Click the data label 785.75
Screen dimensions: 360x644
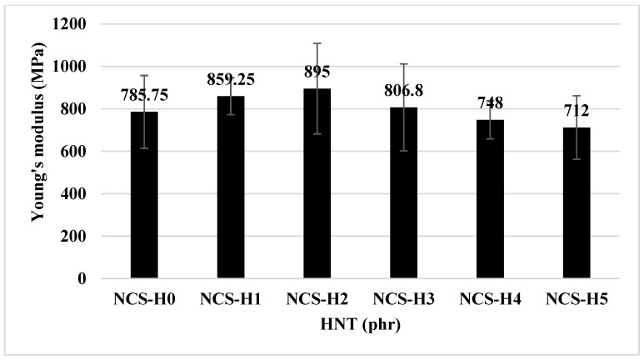pyautogui.click(x=144, y=94)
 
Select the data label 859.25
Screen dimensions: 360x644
pyautogui.click(x=231, y=79)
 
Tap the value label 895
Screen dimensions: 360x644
pyautogui.click(x=317, y=72)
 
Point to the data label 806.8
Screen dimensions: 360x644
pyautogui.click(x=403, y=90)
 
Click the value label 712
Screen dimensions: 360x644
pyautogui.click(x=577, y=111)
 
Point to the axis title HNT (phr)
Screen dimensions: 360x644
pyautogui.click(x=359, y=322)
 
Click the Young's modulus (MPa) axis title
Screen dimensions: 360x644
pyautogui.click(x=37, y=152)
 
